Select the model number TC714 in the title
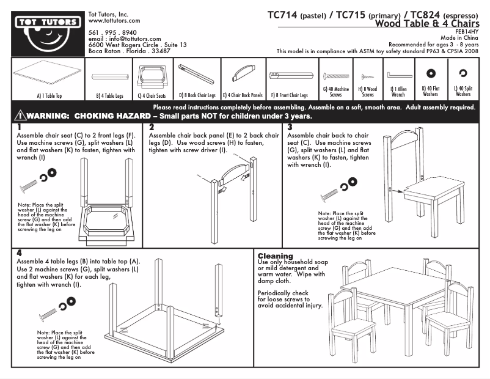click(x=283, y=15)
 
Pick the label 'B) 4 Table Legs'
click(x=111, y=95)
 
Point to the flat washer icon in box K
click(x=430, y=74)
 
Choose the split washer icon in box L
click(x=463, y=74)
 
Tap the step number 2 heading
click(x=152, y=127)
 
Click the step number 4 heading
click(x=20, y=252)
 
